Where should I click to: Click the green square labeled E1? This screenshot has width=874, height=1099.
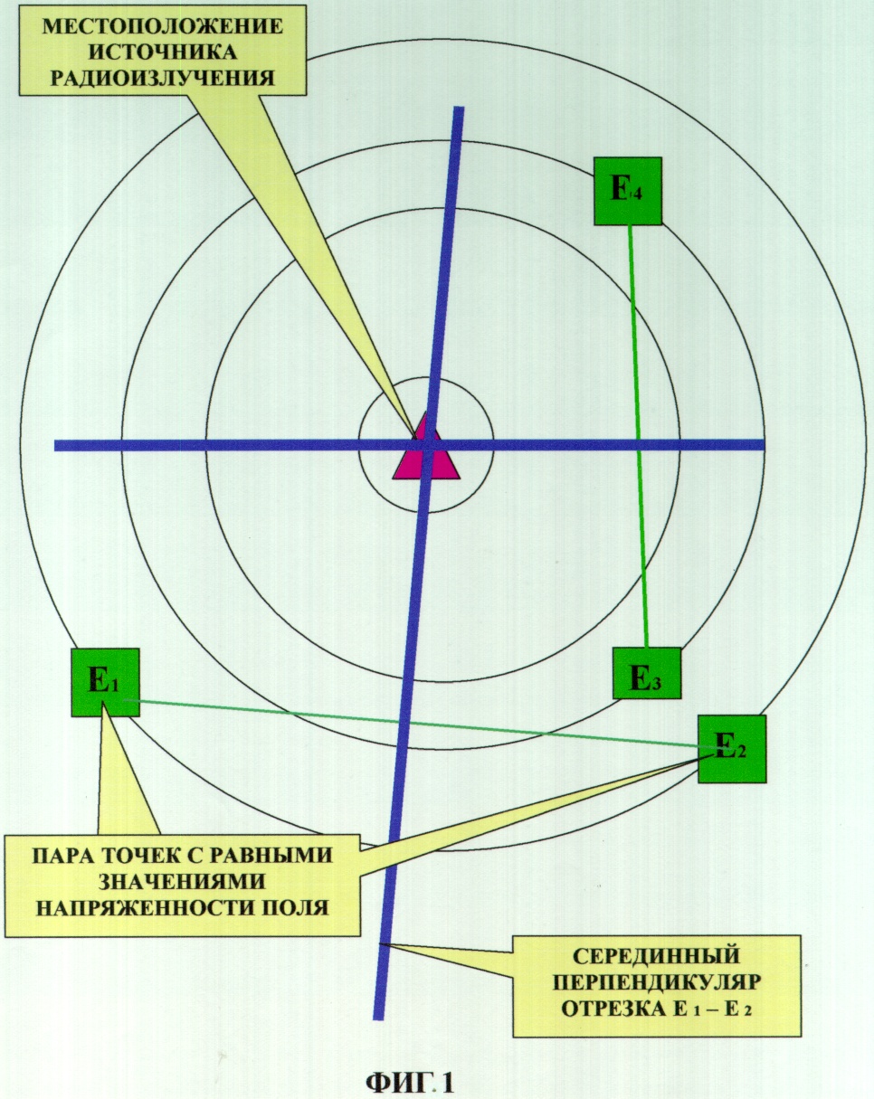point(105,682)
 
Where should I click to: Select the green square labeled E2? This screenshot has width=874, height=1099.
point(732,749)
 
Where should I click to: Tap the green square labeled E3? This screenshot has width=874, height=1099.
point(647,673)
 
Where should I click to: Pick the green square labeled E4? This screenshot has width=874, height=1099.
point(627,191)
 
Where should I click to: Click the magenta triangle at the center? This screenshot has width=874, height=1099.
point(426,450)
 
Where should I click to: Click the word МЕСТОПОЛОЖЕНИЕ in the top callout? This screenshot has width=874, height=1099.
point(163,26)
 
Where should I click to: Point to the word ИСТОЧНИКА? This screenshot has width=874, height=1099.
point(164,52)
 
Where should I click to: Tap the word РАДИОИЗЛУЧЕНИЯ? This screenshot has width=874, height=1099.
point(163,77)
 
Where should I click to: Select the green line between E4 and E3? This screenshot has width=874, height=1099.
point(639,436)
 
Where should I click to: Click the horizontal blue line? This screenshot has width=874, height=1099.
point(409,445)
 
